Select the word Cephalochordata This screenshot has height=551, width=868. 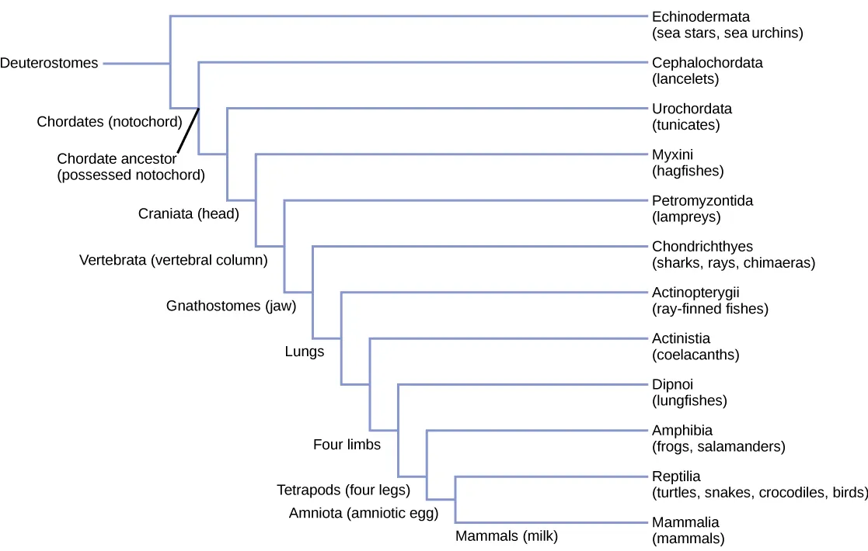point(707,63)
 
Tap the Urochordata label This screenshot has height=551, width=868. point(692,109)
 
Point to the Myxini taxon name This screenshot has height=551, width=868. point(673,154)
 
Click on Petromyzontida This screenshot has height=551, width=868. point(702,200)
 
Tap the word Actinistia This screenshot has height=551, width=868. point(681,338)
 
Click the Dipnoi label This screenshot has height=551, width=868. point(672,384)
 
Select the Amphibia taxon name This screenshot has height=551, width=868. point(682,430)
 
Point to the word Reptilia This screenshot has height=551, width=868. point(676,476)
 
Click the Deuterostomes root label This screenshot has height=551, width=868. point(49,64)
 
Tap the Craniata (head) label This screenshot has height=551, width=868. point(188,214)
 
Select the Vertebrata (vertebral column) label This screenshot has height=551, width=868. point(173,260)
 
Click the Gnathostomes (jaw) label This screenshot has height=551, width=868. point(232,306)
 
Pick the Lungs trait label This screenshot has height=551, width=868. point(305,352)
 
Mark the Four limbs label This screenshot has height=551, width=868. point(347,445)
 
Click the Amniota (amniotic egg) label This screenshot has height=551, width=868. point(364,513)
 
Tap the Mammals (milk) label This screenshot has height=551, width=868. point(507,535)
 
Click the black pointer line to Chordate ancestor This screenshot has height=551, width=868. point(188,131)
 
